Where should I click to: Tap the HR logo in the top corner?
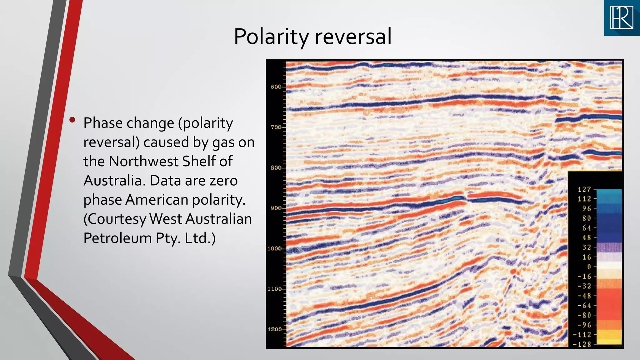[x=622, y=17]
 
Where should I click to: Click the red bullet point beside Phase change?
[x=72, y=120]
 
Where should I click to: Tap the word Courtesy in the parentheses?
[x=115, y=219]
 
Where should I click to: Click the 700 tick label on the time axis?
[x=276, y=127]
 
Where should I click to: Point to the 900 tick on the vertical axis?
[x=276, y=208]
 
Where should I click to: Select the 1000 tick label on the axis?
[x=274, y=248]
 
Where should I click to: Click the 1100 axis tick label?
[x=274, y=289]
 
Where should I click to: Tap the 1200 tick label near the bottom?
[x=274, y=329]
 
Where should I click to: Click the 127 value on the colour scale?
[x=584, y=189]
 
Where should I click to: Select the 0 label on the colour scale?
[x=589, y=267]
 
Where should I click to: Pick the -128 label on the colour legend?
[x=582, y=344]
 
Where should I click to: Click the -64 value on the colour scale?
[x=584, y=306]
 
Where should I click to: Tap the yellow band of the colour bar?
[x=609, y=337]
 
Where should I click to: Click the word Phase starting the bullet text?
[x=103, y=123]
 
